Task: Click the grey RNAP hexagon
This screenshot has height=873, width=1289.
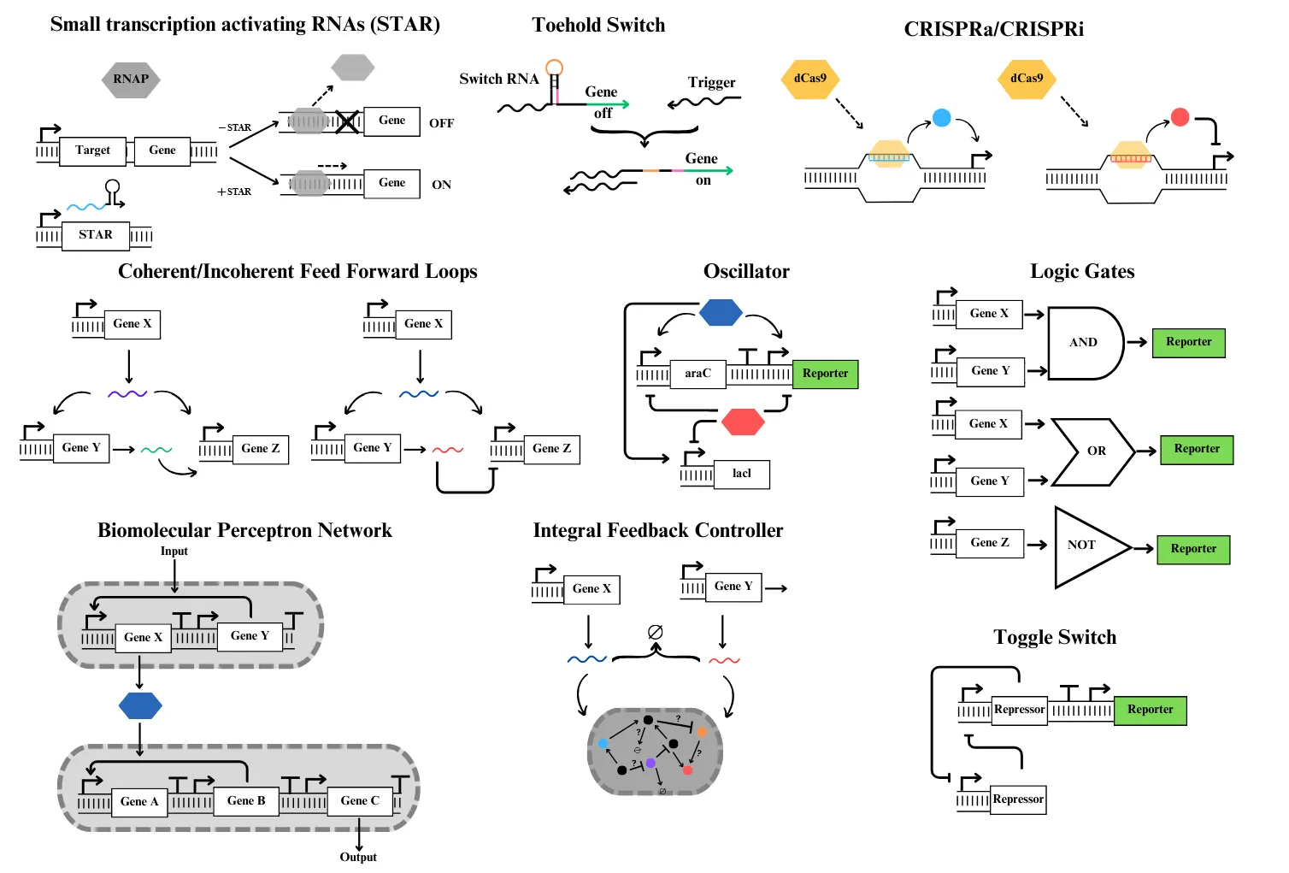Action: coord(131,80)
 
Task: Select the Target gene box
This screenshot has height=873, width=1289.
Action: coord(93,151)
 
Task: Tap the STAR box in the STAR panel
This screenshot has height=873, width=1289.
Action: coord(96,235)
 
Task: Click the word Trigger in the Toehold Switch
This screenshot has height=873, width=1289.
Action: coord(711,83)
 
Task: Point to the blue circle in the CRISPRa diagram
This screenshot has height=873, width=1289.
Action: coord(941,118)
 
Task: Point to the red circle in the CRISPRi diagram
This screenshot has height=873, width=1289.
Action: coord(1180,117)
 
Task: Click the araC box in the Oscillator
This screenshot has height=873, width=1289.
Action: coord(697,374)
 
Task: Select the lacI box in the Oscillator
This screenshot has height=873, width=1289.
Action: coord(741,474)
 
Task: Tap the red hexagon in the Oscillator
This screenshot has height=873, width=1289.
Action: coord(742,422)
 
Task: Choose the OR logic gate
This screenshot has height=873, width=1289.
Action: coord(1093,451)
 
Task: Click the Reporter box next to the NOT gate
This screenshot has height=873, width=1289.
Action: coord(1193,549)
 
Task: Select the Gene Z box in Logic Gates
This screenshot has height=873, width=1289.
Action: coord(990,543)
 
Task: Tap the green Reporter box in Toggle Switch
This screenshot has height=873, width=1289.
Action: coord(1150,710)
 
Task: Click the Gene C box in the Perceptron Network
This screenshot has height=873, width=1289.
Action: coord(360,801)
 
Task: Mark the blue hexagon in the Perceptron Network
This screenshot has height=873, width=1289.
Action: coord(140,705)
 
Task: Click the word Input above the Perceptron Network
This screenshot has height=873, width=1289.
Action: coord(174,552)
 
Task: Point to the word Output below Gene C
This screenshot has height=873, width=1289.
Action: coord(358,857)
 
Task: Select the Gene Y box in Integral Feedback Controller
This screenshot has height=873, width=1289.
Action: coord(733,587)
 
